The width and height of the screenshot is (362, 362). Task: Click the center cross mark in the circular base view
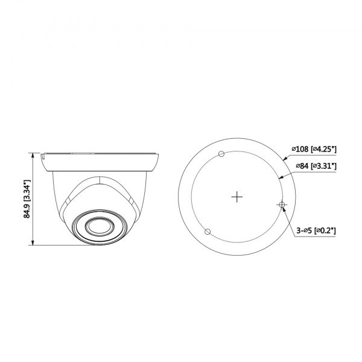point(237,196)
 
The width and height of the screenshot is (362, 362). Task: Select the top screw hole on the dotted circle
point(221,154)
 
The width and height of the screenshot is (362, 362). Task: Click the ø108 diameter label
point(300,148)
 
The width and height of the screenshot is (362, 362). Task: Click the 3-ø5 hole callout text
point(303,230)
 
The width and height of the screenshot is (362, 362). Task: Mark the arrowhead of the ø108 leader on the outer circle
point(285,159)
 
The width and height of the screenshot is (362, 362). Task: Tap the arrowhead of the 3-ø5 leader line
point(283,209)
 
